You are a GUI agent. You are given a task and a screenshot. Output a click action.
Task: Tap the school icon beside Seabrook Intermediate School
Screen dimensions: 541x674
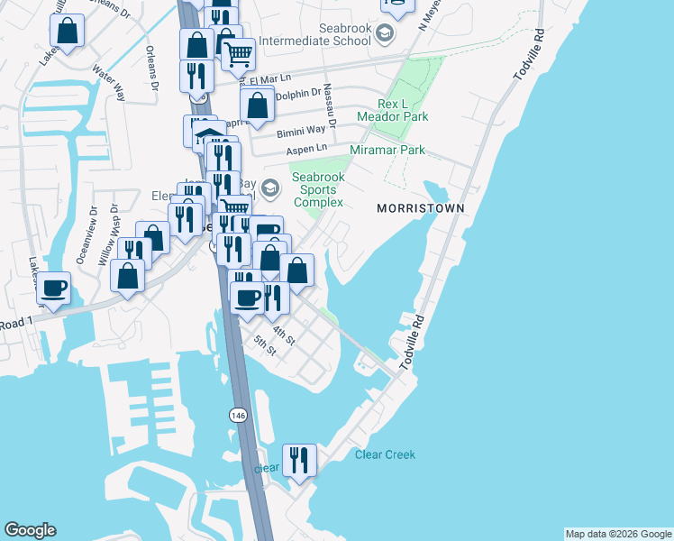386,35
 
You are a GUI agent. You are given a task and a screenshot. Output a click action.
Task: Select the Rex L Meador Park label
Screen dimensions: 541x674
392,109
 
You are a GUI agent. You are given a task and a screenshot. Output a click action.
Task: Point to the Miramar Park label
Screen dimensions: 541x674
387,150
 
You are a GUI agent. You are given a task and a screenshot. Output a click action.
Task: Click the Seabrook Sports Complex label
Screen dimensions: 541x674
317,190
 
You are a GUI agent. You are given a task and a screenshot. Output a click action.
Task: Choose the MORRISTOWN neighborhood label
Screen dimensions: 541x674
420,208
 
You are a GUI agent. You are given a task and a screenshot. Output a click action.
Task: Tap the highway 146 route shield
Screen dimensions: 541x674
237,415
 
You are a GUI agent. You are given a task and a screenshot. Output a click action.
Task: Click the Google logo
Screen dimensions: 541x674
30,530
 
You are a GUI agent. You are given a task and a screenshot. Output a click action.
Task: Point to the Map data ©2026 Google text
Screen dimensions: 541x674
617,534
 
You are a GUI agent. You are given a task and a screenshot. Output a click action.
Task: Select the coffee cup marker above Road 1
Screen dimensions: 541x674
53,288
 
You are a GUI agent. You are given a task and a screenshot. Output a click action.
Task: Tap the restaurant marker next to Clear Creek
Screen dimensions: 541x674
298,459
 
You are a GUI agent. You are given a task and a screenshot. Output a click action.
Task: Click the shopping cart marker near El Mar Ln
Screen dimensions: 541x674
238,53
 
